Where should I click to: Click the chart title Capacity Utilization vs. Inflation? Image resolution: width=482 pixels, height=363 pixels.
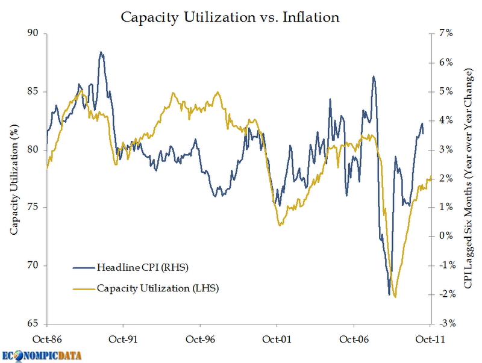coord(230,17)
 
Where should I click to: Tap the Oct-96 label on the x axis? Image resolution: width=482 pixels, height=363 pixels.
coord(199,339)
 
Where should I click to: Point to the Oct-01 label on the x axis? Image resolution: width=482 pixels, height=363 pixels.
coord(276,339)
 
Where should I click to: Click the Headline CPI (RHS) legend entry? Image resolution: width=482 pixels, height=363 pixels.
coord(143,266)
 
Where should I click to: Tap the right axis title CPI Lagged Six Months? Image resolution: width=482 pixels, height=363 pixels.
coord(468,179)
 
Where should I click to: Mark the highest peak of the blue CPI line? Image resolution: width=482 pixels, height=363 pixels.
coord(101,52)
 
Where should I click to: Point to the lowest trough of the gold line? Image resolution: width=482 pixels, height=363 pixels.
coord(395,297)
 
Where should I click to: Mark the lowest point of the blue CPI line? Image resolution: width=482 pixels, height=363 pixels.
coord(389,295)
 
